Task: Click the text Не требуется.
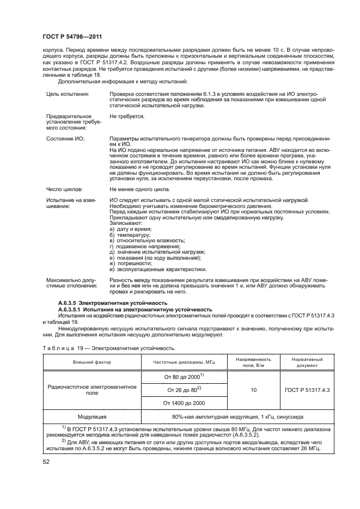[x=127, y=116]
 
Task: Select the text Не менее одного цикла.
[x=142, y=189]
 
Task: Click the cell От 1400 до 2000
[x=184, y=402]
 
